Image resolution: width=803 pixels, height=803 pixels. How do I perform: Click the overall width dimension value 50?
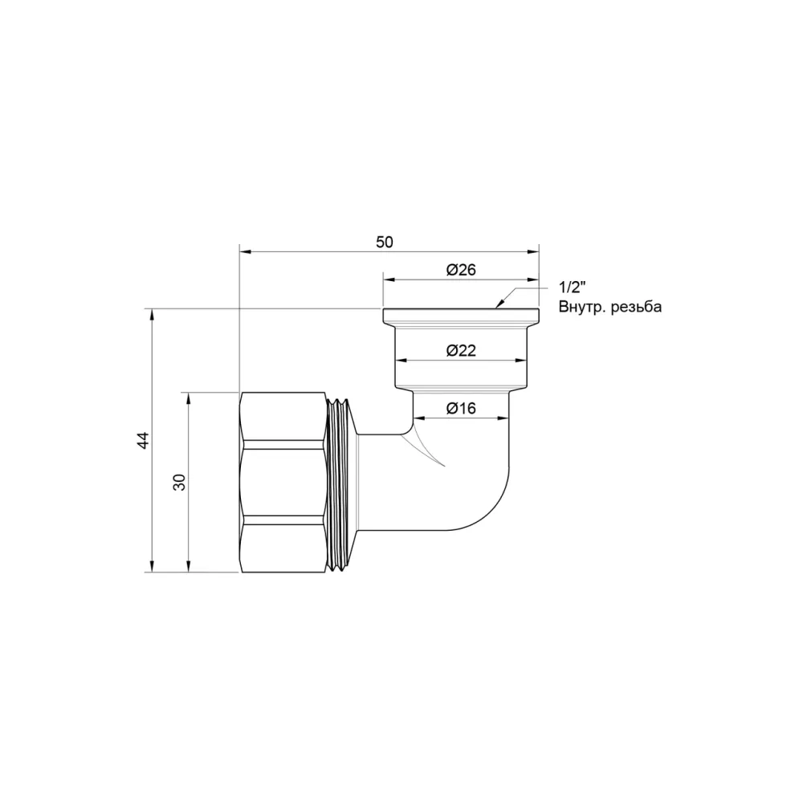tap(385, 242)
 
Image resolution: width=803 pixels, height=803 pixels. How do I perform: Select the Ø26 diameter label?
tap(461, 271)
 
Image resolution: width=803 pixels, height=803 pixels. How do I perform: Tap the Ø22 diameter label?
tap(461, 350)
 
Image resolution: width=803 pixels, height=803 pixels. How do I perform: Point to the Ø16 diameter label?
tap(461, 409)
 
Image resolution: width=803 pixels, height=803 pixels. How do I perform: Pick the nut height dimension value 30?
tap(180, 483)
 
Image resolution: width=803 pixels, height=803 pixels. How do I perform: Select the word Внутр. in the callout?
tap(582, 308)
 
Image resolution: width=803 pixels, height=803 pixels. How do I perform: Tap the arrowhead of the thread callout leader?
tap(498, 304)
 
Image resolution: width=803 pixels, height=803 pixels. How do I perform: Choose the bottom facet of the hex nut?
tap(284, 548)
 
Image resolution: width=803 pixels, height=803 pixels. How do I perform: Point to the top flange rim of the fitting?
tap(461, 315)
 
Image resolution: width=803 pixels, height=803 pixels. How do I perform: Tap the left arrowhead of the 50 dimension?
tap(245, 252)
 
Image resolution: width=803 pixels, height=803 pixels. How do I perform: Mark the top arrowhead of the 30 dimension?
tap(189, 397)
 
